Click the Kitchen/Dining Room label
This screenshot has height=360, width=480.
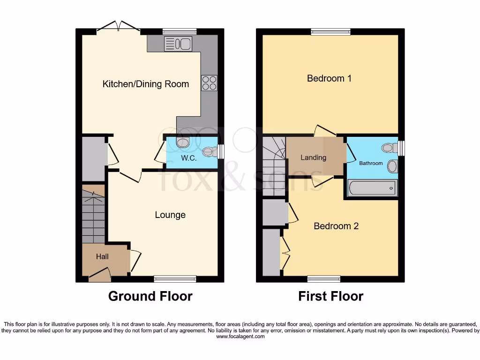coord(146,84)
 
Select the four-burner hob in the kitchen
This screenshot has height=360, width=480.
coord(209,83)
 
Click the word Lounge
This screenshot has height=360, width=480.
coord(170,215)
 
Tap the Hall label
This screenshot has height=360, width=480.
coord(102,256)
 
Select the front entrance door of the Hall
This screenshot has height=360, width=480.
coord(99,276)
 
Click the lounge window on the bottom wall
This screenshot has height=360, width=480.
coord(175,279)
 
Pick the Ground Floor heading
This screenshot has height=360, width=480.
coord(150,296)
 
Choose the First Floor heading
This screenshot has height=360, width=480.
coord(330,296)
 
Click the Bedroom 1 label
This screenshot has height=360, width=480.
coord(329,78)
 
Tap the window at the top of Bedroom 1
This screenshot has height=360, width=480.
coord(330,32)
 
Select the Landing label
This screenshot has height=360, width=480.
coord(313,157)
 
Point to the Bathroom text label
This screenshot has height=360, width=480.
coord(371,164)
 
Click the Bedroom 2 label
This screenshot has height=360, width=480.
coord(336,226)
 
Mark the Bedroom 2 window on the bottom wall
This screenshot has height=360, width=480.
coord(324,279)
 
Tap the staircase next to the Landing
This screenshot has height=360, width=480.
coord(274,166)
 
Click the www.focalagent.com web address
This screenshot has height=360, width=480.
coord(240,337)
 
